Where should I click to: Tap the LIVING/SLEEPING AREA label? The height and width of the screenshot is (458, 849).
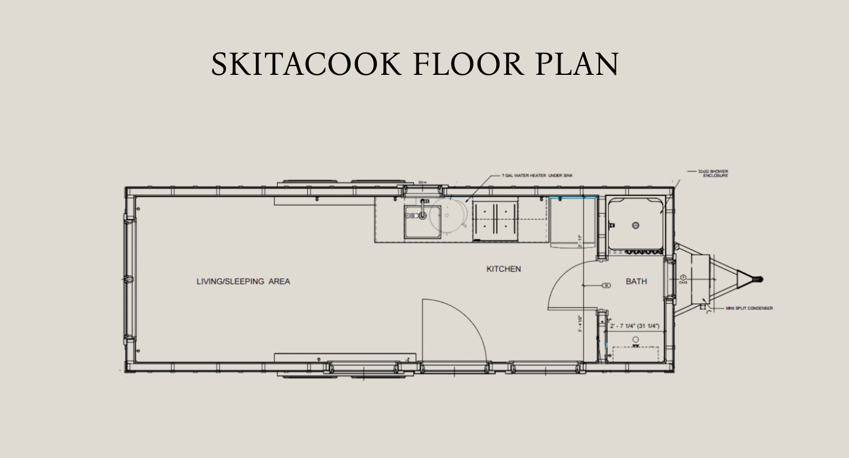(x=243, y=282)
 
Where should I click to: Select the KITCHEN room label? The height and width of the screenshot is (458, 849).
(x=503, y=269)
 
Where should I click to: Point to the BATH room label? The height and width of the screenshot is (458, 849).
(x=636, y=282)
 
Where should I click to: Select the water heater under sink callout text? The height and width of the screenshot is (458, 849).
(x=537, y=176)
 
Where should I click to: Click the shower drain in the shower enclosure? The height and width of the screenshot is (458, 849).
(x=635, y=225)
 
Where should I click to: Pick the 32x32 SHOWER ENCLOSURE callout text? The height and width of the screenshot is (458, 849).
(x=713, y=173)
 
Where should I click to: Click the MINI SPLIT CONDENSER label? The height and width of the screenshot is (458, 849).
(x=749, y=308)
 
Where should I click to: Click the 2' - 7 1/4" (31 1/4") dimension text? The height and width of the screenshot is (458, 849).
(x=634, y=326)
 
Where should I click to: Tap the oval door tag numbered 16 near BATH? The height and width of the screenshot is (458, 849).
(x=606, y=285)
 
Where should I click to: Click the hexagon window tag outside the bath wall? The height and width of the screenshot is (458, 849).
(x=683, y=277)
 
